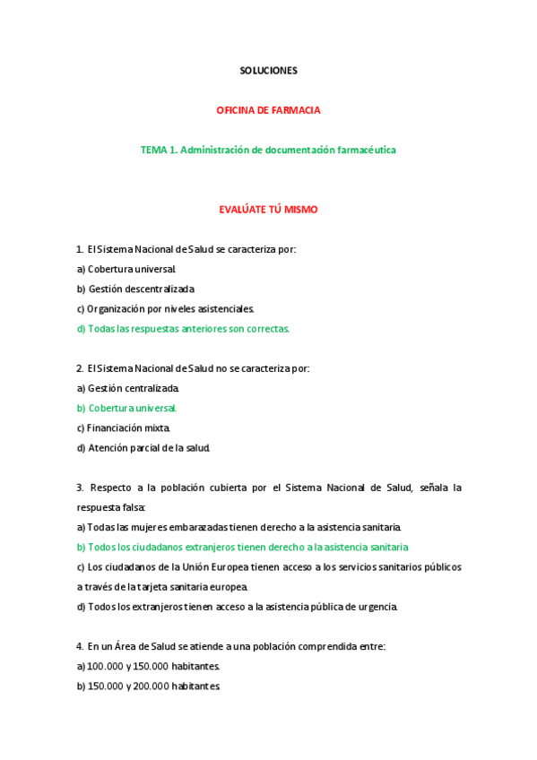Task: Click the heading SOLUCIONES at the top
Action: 268,70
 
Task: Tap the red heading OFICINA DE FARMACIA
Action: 268,110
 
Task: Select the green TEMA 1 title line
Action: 268,150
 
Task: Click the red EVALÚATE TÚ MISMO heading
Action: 268,210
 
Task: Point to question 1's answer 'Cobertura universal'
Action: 132,269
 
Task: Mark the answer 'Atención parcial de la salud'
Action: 148,447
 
